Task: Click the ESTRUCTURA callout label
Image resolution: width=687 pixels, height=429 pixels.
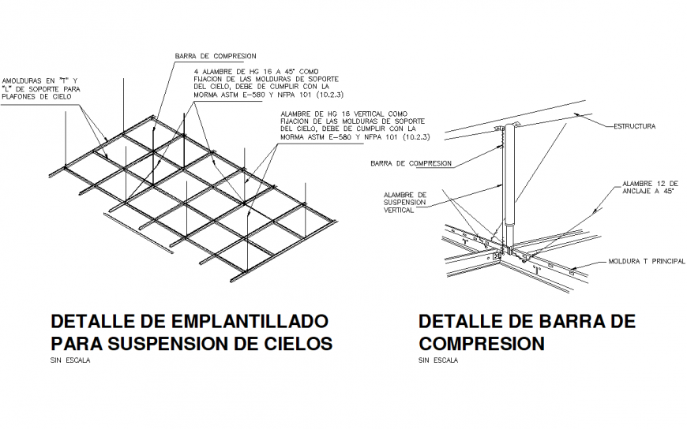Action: click(634, 125)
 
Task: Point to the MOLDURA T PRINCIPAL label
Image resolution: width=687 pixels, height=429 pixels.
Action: click(646, 261)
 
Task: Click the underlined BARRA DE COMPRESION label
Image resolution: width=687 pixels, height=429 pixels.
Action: click(411, 163)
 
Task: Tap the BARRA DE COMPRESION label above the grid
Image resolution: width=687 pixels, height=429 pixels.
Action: click(216, 56)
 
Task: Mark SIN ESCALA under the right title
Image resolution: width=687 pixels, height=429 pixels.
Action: click(438, 361)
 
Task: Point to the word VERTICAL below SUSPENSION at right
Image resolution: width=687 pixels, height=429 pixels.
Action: click(399, 211)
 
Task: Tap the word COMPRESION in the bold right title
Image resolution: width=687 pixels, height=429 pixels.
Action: click(482, 344)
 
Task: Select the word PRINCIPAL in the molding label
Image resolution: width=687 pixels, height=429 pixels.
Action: click(664, 261)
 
